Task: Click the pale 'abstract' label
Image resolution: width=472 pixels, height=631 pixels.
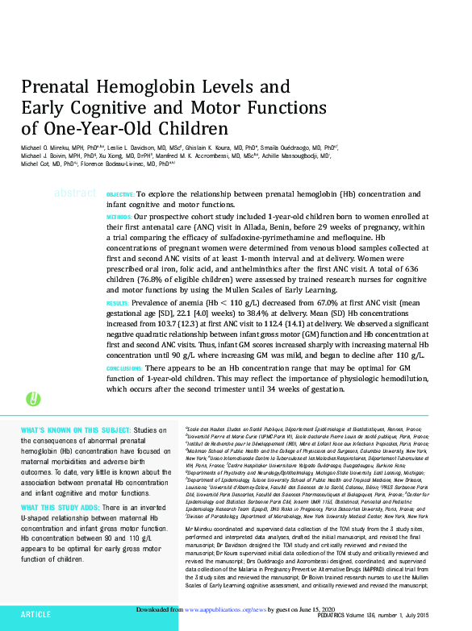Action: [x=74, y=193]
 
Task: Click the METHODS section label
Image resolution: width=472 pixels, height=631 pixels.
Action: [x=119, y=218]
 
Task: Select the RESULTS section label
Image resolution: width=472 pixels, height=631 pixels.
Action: [x=118, y=303]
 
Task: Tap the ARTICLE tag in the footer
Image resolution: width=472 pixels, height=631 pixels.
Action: [x=36, y=615]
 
